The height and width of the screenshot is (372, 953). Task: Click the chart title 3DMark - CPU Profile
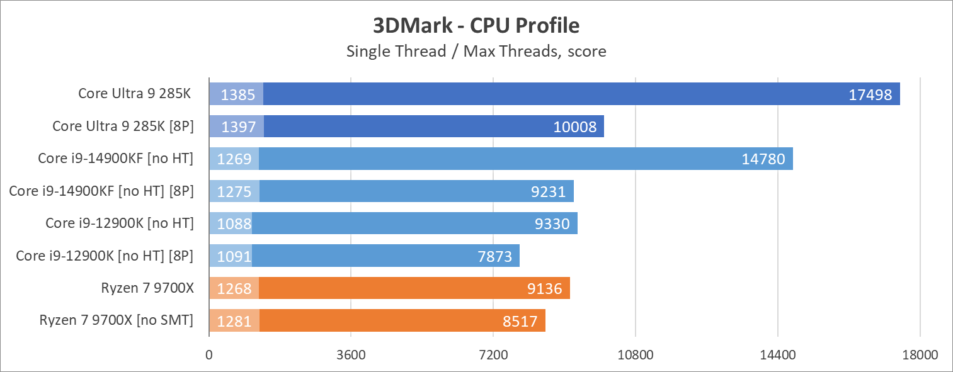tap(476, 26)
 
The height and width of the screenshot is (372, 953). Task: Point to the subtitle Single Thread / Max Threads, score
tap(476, 51)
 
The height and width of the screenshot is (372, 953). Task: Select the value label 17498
tap(870, 94)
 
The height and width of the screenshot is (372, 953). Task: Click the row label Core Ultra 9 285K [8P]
tap(123, 126)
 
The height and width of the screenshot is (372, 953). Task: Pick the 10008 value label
tap(574, 127)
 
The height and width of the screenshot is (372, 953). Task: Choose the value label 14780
tap(763, 159)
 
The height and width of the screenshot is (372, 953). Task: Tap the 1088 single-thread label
tap(234, 223)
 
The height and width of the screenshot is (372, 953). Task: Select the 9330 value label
tap(552, 223)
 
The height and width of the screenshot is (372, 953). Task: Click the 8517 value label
tap(520, 322)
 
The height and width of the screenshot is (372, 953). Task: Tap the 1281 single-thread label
tap(234, 322)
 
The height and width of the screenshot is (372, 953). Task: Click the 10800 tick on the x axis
tap(636, 354)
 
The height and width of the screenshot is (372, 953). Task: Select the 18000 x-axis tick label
tap(920, 354)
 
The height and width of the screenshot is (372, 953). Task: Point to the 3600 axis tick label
tap(351, 354)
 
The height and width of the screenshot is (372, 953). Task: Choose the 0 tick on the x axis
tap(208, 354)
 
